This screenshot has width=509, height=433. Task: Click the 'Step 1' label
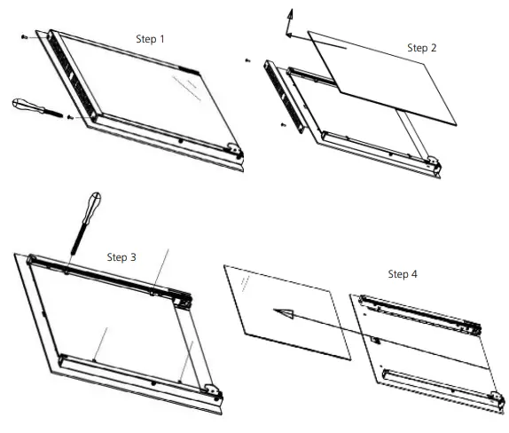click(150, 39)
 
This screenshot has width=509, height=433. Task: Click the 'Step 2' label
click(422, 48)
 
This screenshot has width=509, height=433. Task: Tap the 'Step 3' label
click(121, 257)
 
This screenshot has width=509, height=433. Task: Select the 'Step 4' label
click(403, 274)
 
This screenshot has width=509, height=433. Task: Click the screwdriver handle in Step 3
click(92, 207)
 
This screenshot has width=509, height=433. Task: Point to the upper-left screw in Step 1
click(24, 37)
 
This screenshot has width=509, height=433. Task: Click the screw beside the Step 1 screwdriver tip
click(69, 117)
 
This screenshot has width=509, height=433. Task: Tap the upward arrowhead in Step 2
click(290, 15)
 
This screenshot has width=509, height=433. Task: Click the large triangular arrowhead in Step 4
click(284, 313)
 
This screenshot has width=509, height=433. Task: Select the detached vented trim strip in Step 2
click(285, 96)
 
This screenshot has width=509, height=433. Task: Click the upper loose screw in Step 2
click(247, 60)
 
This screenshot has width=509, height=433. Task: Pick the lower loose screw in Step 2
click(284, 124)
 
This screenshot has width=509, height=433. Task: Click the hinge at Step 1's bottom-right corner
click(235, 150)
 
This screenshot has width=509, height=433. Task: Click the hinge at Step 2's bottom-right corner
click(433, 162)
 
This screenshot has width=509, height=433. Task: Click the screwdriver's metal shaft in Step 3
click(78, 239)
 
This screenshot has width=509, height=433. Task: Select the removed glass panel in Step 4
click(287, 312)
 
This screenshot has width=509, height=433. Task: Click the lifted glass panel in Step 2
click(382, 78)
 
